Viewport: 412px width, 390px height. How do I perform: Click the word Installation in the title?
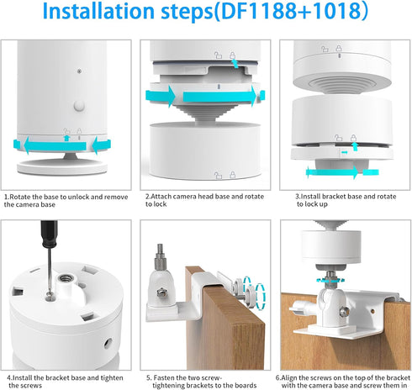pos(98,11)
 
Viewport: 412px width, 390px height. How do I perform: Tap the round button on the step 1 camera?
pos(79,106)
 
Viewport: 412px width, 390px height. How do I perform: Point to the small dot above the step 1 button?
pos(79,71)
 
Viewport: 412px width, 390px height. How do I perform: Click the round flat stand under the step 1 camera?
pos(62,166)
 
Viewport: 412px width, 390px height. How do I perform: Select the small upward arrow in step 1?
pos(66,138)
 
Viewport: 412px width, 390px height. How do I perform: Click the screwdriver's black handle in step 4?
pos(49,234)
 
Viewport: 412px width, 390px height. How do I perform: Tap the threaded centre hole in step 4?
pos(66,278)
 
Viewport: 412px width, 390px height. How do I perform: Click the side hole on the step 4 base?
pos(108,343)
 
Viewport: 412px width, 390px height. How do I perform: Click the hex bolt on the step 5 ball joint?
pos(161,293)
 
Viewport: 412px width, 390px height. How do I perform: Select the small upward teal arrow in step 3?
pos(355,146)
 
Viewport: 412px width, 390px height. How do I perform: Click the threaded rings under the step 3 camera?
pos(342,85)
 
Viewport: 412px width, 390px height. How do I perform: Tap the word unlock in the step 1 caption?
pos(78,197)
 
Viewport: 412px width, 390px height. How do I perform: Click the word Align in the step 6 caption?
pos(288,378)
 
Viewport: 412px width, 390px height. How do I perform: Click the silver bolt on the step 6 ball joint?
pos(344,311)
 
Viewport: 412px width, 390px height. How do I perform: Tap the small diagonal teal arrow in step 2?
pos(235,63)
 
